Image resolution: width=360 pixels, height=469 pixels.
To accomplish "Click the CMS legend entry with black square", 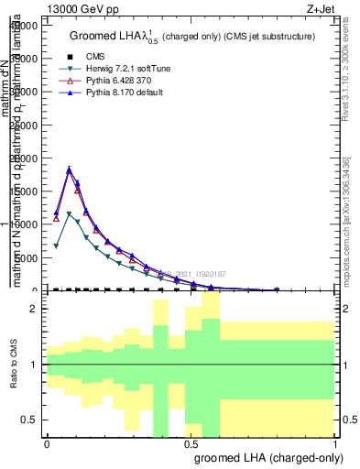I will [x=95, y=56].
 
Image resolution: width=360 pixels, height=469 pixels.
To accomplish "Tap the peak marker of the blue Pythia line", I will [x=69, y=169].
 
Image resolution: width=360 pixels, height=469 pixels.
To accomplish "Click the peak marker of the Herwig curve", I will [x=69, y=214].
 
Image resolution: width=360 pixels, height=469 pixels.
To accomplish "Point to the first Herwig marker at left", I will [x=56, y=245].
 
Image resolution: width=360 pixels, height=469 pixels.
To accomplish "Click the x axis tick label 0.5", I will [x=191, y=443].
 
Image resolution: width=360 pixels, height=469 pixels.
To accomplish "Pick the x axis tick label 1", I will [x=335, y=443].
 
